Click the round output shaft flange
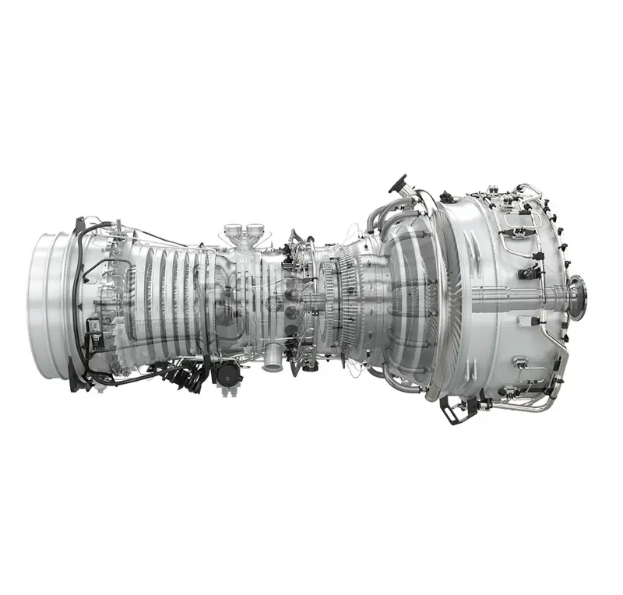pos(577,297)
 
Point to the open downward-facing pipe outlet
pos(273,361)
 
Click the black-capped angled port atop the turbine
pos(399,185)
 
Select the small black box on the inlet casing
pos(96,322)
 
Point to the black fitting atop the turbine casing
pos(447,197)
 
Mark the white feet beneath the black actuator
pos(228,390)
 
